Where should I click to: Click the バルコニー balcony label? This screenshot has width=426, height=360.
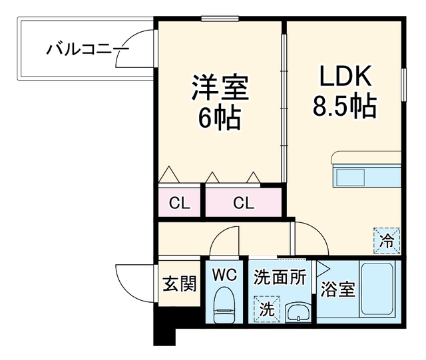point(87,50)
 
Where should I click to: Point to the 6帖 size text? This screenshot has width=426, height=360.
point(220,118)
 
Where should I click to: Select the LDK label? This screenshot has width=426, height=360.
point(345,76)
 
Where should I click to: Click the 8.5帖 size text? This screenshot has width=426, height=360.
point(345,106)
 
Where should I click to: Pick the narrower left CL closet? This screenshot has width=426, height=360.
point(179,201)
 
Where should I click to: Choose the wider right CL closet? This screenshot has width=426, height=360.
point(244,202)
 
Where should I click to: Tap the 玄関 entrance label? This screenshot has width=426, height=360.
point(179,283)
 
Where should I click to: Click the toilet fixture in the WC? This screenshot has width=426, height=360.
point(224,305)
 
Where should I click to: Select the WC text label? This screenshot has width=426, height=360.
point(225,275)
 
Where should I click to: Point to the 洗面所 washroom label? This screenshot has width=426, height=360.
point(280,277)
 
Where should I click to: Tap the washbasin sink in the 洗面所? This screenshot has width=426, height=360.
point(298,313)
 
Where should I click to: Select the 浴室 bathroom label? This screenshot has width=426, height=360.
point(338,289)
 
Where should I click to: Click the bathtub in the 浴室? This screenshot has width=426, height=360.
point(377,289)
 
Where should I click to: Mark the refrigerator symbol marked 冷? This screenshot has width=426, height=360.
point(387,241)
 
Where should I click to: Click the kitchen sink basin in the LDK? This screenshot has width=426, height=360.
point(351,177)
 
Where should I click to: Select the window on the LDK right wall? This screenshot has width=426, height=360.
point(404,85)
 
